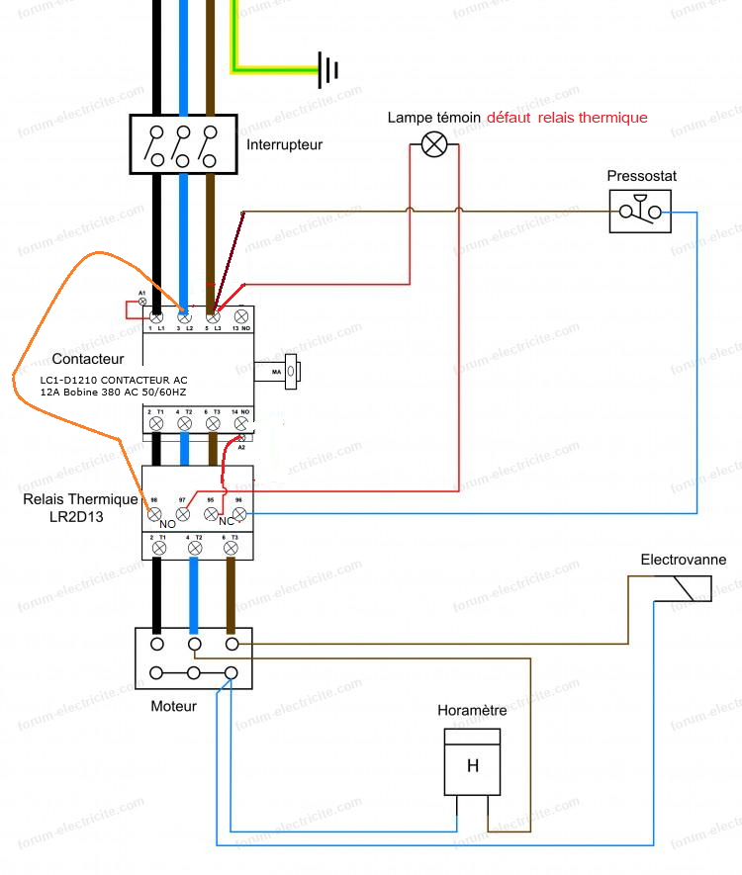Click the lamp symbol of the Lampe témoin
coord(434,145)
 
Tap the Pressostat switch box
coord(640,211)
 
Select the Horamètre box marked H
coord(472,762)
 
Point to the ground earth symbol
coord(329,69)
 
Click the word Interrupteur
coord(284,144)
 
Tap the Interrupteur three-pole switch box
coord(183,144)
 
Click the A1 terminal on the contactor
coord(142,301)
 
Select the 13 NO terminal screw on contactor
coord(240,316)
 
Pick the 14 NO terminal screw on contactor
coord(240,422)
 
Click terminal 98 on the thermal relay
coord(154,513)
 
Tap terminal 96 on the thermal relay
coord(238,513)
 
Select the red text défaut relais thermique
coord(567,118)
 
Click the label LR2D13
coord(78,516)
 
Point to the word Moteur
coord(173,706)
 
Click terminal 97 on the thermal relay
coord(183,513)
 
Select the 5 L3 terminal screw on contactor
coord(212,316)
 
